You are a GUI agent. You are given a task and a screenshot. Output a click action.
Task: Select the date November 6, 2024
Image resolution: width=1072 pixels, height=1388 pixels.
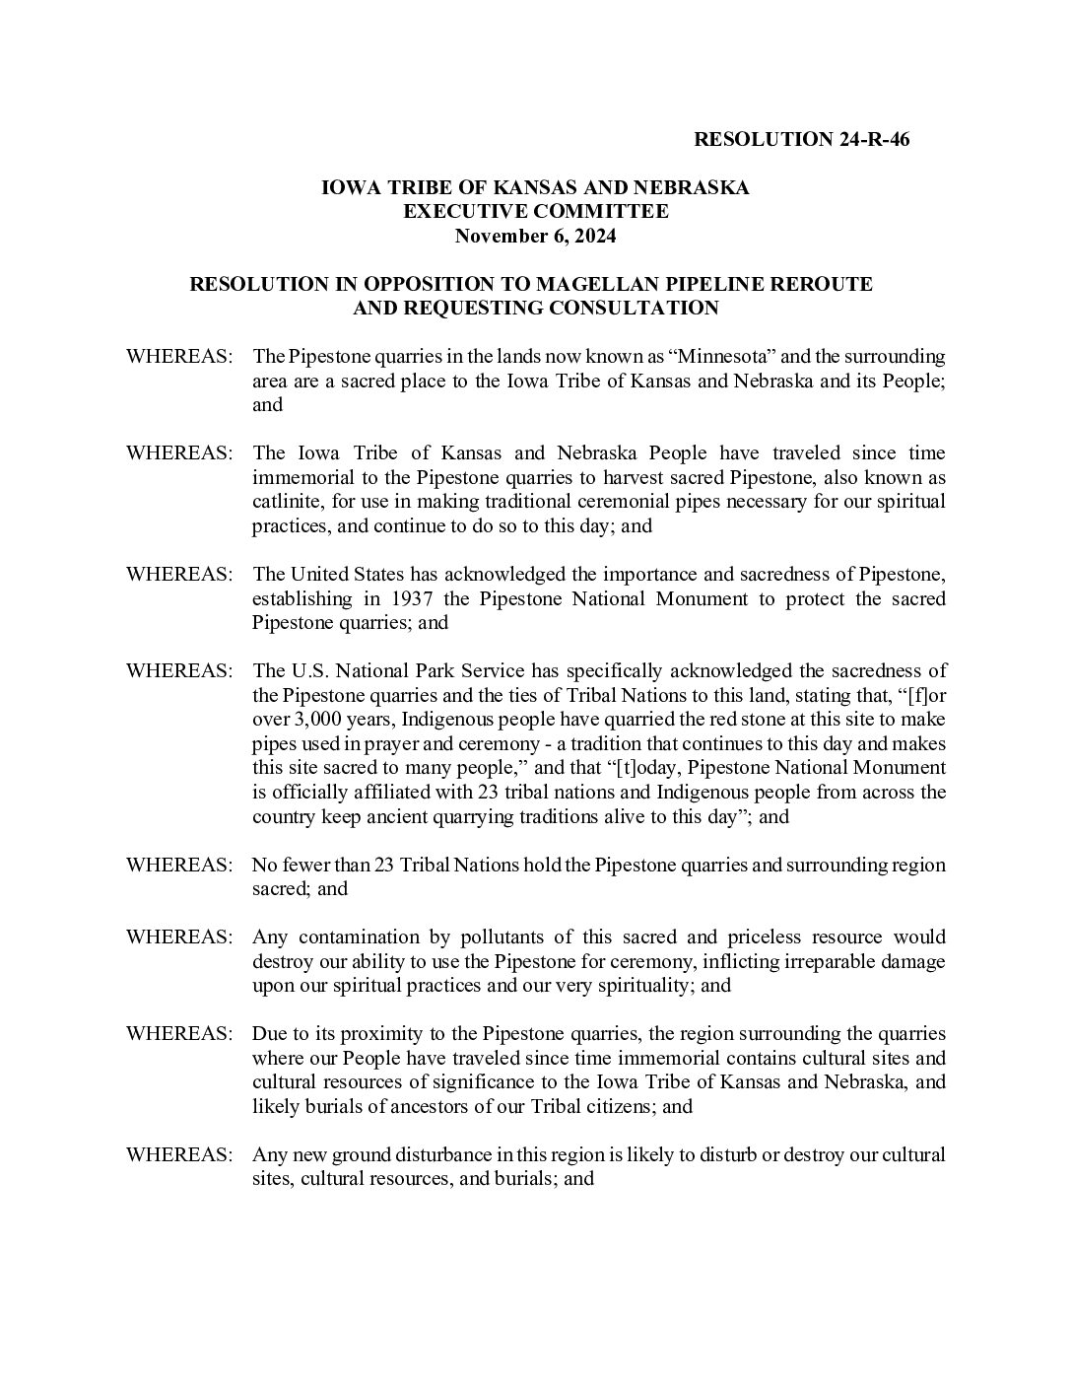point(535,236)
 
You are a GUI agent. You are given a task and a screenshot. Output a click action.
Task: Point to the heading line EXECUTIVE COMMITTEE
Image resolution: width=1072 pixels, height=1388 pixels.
point(535,211)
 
